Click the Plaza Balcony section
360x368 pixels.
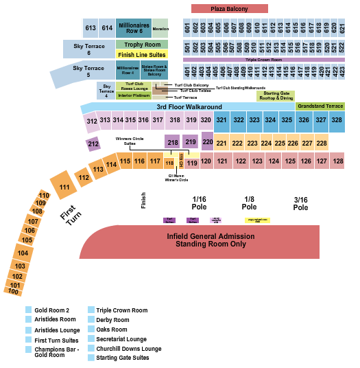pyautogui.click(x=228, y=8)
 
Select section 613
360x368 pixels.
pyautogui.click(x=91, y=28)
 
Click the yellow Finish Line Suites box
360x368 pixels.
pyautogui.click(x=141, y=54)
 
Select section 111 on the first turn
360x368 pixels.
pyautogui.click(x=64, y=187)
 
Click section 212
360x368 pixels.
pyautogui.click(x=93, y=144)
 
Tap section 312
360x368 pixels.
pyautogui.click(x=91, y=121)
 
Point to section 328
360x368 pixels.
pyautogui.click(x=336, y=119)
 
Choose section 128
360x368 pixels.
pyautogui.click(x=337, y=161)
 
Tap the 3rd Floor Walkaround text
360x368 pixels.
pyautogui.click(x=189, y=107)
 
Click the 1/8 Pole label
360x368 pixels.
pyautogui.click(x=249, y=203)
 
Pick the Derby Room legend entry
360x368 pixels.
pyautogui.click(x=112, y=320)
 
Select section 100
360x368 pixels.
pyautogui.click(x=13, y=292)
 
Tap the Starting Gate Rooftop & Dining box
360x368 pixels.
pyautogui.click(x=276, y=95)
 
